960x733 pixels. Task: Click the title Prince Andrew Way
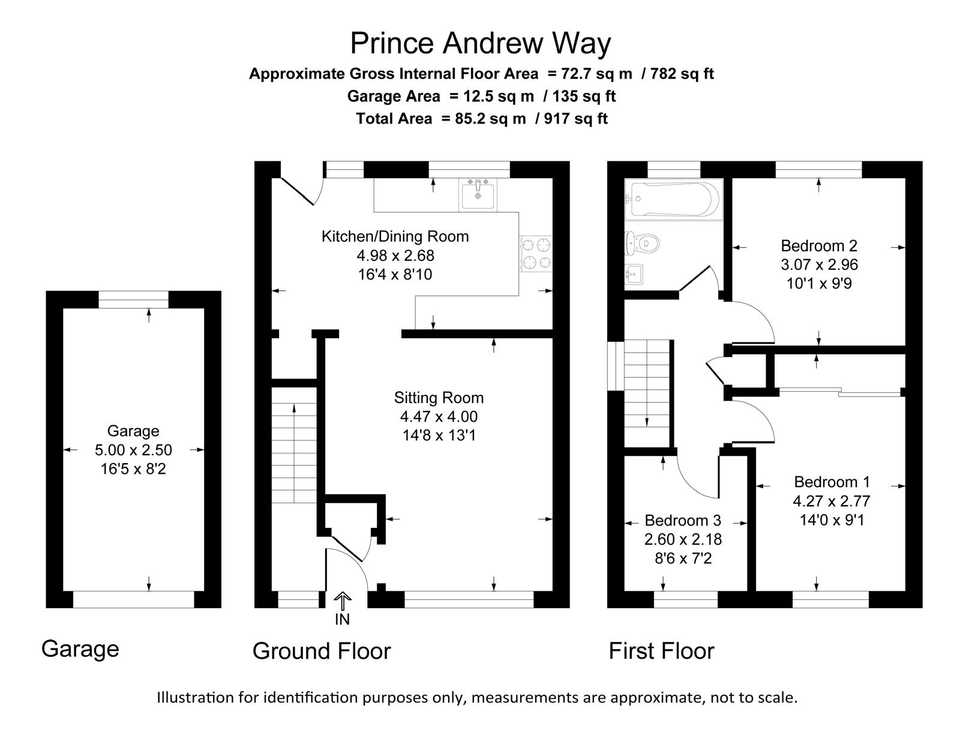[x=480, y=44]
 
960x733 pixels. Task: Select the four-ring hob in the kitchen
[x=536, y=254]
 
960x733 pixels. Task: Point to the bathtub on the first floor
[x=674, y=199]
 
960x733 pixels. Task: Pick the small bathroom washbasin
[x=633, y=275]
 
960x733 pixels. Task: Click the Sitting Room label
[x=439, y=398]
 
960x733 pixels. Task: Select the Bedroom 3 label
[x=683, y=521]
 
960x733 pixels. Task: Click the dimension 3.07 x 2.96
[x=819, y=265]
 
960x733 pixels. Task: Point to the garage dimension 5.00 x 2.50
[x=133, y=450]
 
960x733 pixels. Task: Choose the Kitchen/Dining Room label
[x=395, y=236]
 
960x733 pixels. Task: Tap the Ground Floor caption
[x=322, y=651]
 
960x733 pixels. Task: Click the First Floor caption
[x=661, y=651]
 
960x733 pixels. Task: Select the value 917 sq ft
[x=575, y=119]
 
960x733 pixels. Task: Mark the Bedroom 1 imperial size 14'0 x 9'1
[x=832, y=520]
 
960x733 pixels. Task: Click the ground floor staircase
[x=294, y=445]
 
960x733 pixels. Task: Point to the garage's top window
[x=133, y=299]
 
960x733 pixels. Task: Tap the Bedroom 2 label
[x=819, y=246]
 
